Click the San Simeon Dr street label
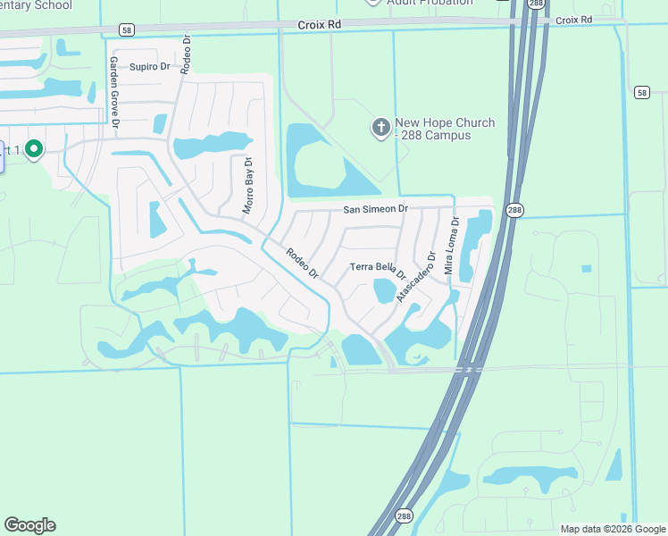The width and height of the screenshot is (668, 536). (x=376, y=209)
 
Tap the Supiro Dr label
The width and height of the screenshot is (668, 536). (x=149, y=67)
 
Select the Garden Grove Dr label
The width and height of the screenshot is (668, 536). (x=114, y=93)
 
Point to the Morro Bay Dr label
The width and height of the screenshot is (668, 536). (x=249, y=186)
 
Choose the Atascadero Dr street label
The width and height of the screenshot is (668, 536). (x=417, y=275)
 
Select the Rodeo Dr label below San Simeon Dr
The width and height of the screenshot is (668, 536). (x=303, y=263)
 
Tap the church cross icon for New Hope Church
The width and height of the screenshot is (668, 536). (x=380, y=129)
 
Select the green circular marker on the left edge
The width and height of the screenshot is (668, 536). (x=34, y=149)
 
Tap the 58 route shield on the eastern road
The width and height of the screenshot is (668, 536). (x=642, y=92)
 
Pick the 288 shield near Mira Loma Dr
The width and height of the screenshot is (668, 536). (x=514, y=211)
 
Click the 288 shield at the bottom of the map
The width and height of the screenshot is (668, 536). (x=404, y=516)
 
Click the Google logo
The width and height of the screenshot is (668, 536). (x=29, y=525)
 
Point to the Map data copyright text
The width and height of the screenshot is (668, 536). (x=612, y=529)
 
